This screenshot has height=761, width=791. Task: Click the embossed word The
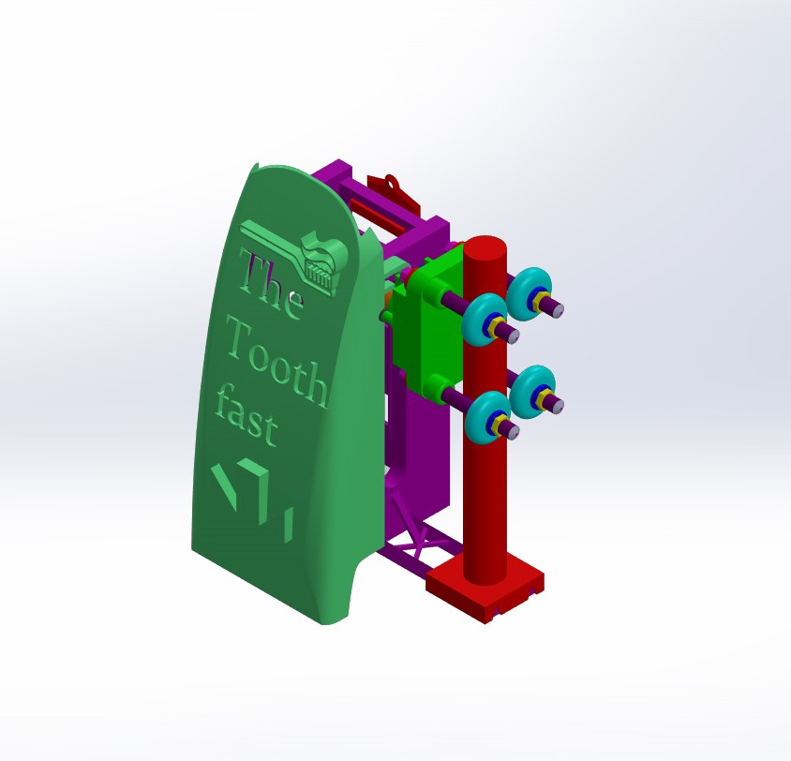pos(272,284)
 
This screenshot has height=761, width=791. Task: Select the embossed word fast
pos(247,415)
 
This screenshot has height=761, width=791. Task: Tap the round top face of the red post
pos(485,248)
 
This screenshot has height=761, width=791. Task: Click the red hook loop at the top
pos(392,182)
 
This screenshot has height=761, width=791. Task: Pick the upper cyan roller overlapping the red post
pos(484,316)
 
